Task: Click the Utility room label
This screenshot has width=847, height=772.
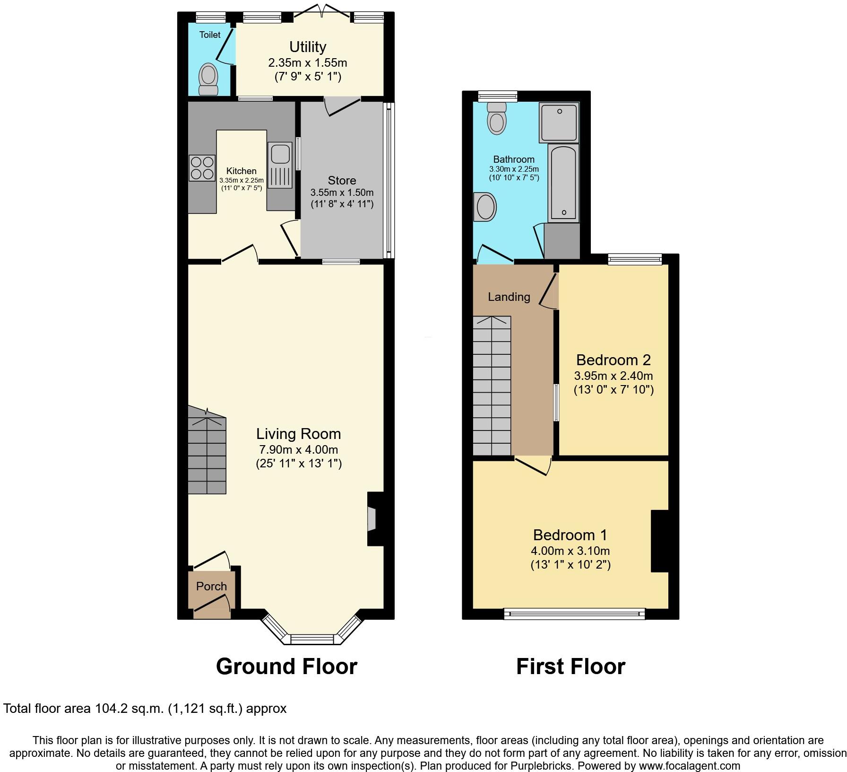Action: coord(308,47)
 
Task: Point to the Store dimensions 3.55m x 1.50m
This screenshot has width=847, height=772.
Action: coord(342,193)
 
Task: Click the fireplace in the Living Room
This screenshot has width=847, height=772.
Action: coord(375,519)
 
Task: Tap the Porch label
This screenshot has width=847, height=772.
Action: coord(211,586)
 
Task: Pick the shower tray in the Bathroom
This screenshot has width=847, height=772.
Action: coord(559,123)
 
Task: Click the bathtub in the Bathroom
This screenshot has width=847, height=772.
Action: coord(563,182)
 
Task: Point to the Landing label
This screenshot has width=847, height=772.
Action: coord(509,297)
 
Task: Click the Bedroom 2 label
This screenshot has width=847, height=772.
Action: coord(613,360)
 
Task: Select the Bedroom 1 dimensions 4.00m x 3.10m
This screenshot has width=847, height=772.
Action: coord(570,551)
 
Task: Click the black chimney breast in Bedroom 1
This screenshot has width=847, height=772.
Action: coord(659,541)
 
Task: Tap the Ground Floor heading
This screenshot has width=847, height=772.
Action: coord(286,666)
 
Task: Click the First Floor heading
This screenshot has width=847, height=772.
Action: coord(570,666)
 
